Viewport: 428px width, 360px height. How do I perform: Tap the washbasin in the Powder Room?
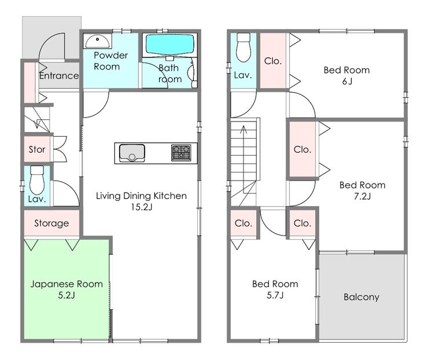click(97, 41)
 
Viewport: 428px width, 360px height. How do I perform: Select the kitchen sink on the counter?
click(132, 153)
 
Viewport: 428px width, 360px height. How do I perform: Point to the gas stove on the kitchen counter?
click(181, 153)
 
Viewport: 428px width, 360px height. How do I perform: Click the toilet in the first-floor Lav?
click(37, 180)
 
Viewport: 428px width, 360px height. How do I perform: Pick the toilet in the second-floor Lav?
click(243, 47)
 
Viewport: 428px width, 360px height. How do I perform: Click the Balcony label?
click(361, 297)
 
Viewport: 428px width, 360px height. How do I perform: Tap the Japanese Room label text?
click(67, 284)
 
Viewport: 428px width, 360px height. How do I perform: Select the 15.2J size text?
click(141, 207)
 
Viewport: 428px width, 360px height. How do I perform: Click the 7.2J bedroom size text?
click(362, 196)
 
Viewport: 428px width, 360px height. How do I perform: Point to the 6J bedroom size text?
click(347, 82)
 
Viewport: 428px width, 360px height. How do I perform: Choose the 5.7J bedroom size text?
click(275, 295)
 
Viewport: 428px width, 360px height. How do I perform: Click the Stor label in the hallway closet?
click(37, 149)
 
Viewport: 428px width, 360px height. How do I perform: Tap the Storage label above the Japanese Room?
click(51, 223)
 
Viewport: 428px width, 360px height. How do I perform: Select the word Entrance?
click(59, 76)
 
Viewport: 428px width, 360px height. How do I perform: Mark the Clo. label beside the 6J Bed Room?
click(272, 61)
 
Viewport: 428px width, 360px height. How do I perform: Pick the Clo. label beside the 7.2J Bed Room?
click(302, 149)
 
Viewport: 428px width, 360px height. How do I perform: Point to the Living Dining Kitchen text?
click(141, 196)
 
